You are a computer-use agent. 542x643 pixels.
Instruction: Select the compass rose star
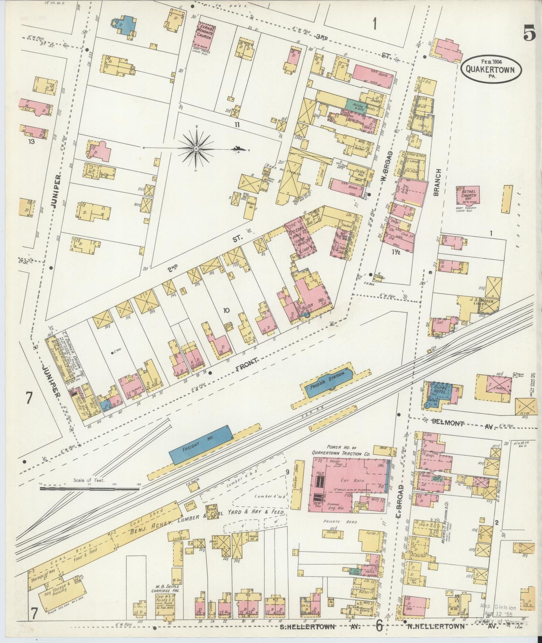point(196,149)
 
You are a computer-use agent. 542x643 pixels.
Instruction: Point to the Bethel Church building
point(467,195)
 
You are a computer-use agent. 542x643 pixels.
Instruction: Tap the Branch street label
point(437,182)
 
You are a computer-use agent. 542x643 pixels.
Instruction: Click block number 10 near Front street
point(226,310)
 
